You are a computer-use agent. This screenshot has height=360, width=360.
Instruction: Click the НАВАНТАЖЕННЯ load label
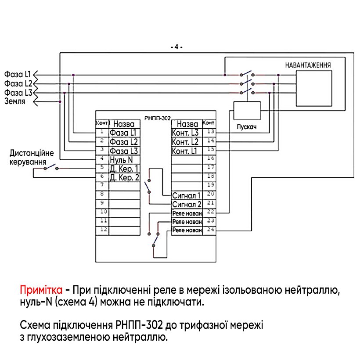coord(308,65)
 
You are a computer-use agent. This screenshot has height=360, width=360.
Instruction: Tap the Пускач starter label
coord(246,127)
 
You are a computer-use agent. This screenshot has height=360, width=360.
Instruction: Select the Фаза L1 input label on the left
coord(18,74)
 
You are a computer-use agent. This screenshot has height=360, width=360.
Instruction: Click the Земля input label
coord(15,101)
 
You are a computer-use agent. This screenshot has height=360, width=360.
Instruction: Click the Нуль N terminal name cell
coord(124,159)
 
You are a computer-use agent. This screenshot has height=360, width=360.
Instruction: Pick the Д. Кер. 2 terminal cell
coord(124,177)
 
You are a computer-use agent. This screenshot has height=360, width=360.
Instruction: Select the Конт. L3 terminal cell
coord(187,133)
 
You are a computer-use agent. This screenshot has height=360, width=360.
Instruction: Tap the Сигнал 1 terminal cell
coord(187,195)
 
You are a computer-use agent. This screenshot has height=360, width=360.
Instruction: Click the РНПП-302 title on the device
coord(157,118)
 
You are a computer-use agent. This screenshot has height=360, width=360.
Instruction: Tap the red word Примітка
coord(40,290)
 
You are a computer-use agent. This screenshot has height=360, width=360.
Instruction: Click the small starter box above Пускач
coord(247,110)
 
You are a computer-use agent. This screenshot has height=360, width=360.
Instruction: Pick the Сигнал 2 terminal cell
coord(187,204)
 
